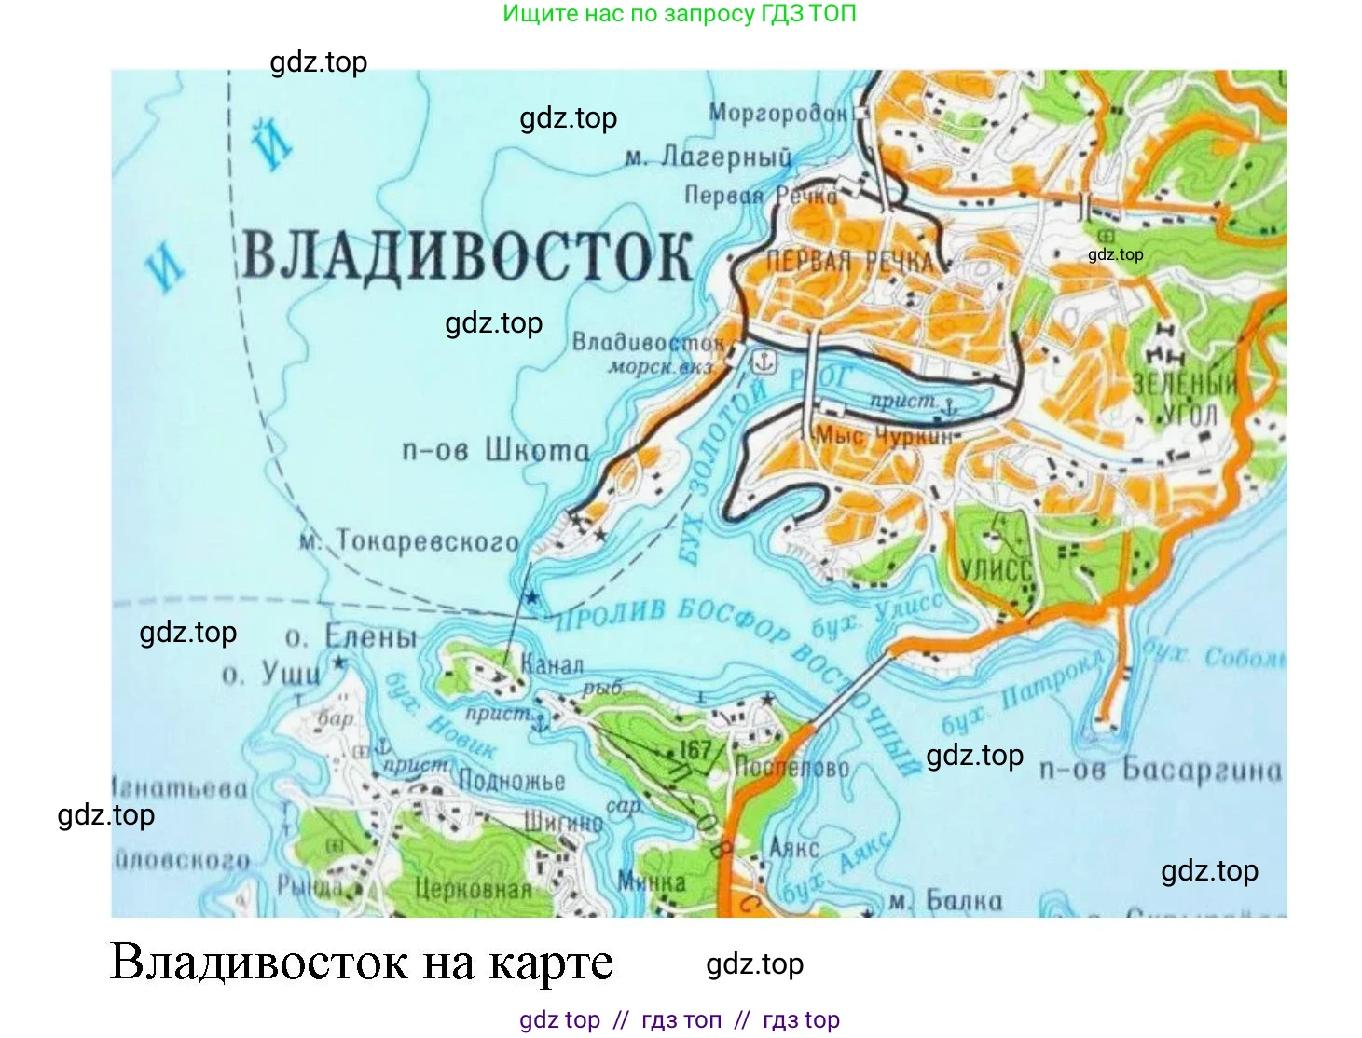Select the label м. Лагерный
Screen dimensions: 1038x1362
pyautogui.click(x=709, y=157)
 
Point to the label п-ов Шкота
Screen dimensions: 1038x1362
pyautogui.click(x=495, y=451)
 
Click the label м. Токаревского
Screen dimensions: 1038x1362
pyautogui.click(x=409, y=541)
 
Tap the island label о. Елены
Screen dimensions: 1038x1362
pyautogui.click(x=351, y=638)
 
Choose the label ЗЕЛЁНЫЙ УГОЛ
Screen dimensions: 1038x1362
pyautogui.click(x=1185, y=399)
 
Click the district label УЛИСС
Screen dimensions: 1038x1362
pyautogui.click(x=997, y=570)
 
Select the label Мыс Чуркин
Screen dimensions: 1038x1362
pyautogui.click(x=885, y=436)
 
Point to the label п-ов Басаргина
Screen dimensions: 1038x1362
pyautogui.click(x=1161, y=770)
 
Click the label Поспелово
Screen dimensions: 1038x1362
pyautogui.click(x=791, y=768)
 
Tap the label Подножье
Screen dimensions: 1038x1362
pyautogui.click(x=512, y=781)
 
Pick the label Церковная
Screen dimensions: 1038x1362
pyautogui.click(x=473, y=889)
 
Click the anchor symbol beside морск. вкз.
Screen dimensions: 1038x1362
pyautogui.click(x=764, y=362)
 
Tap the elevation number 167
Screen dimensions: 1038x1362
pyautogui.click(x=695, y=749)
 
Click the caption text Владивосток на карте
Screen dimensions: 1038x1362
pyautogui.click(x=362, y=963)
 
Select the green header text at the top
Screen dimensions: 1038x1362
pyautogui.click(x=679, y=14)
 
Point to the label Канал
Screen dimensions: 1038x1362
pyautogui.click(x=552, y=665)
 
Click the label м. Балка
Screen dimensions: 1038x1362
pyautogui.click(x=945, y=902)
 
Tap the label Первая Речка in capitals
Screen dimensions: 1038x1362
pyautogui.click(x=849, y=262)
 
